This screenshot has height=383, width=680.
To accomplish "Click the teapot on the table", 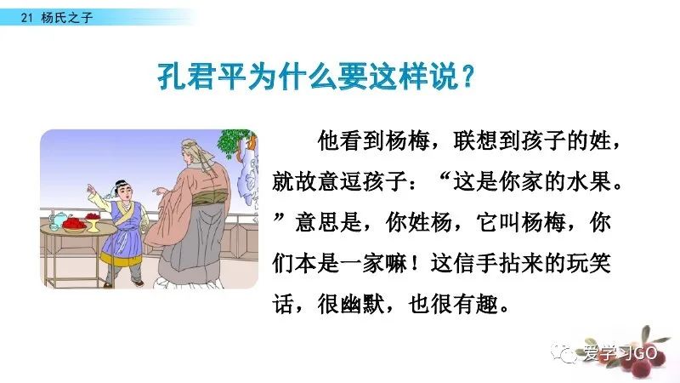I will (55, 220).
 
